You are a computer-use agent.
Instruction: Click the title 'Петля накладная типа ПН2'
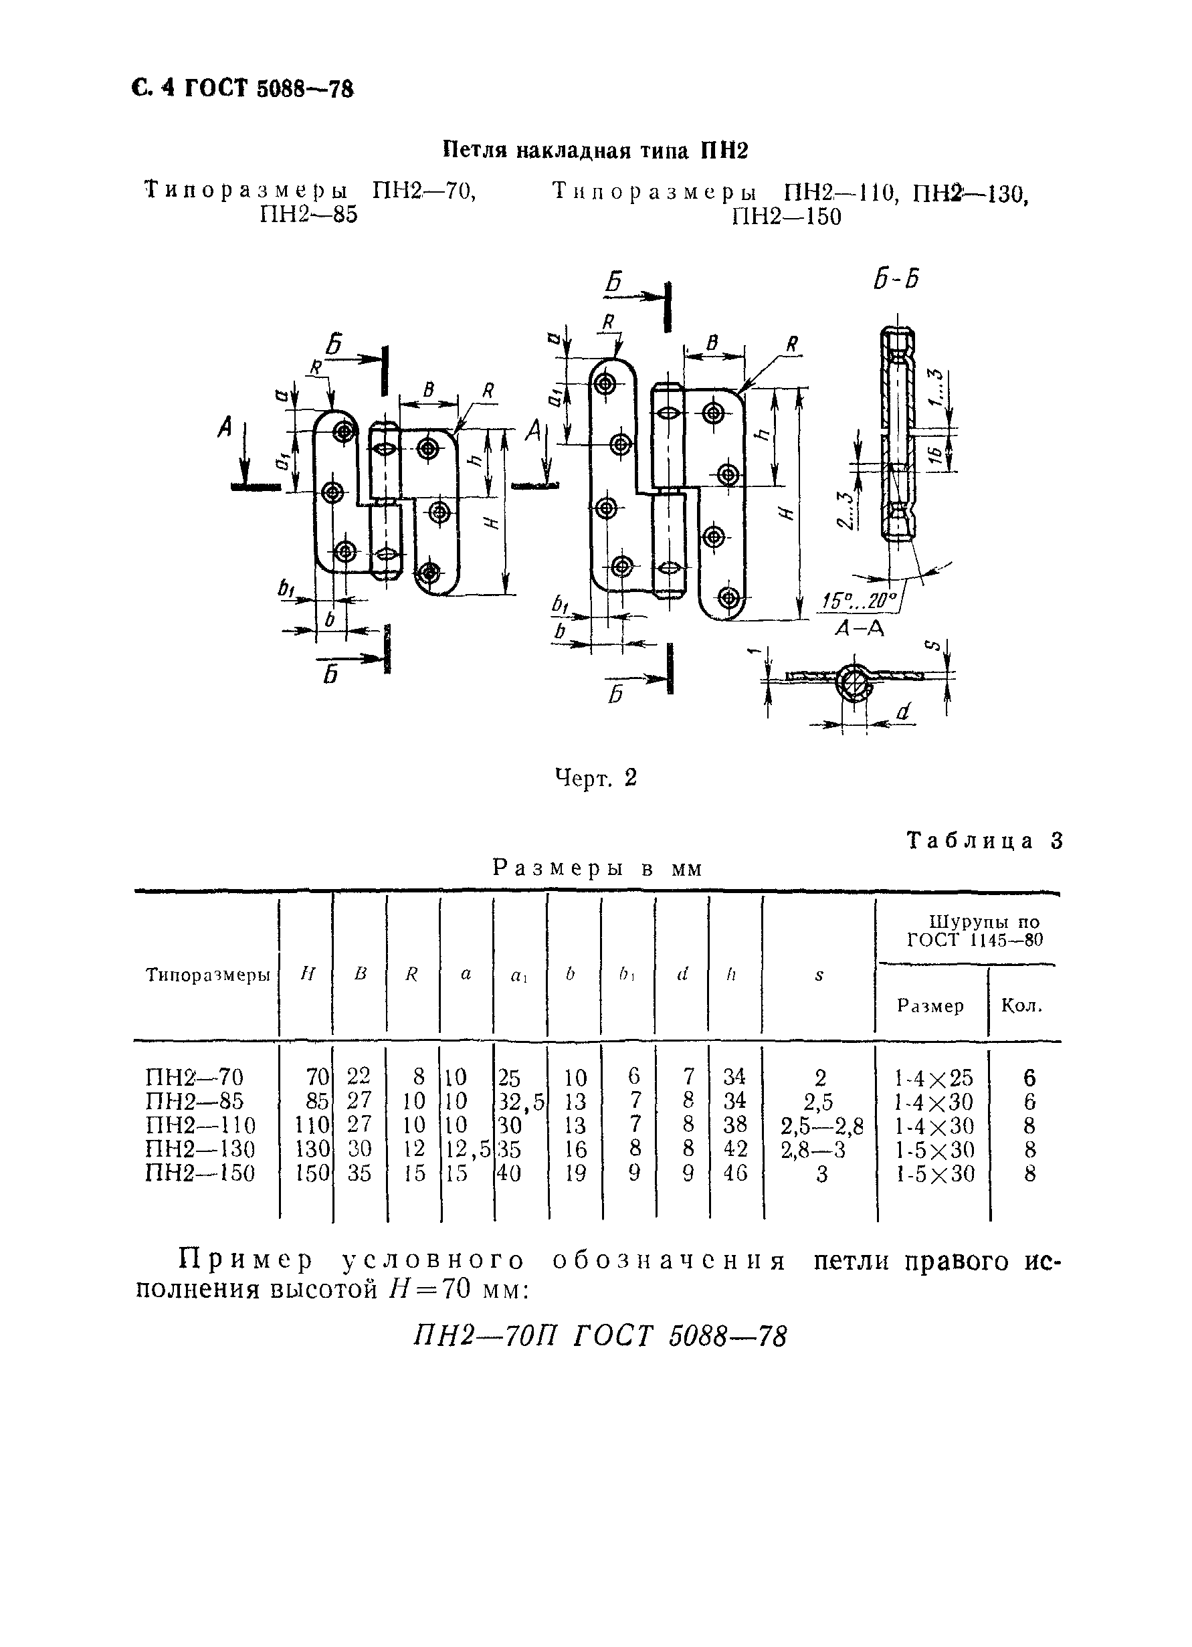tap(595, 151)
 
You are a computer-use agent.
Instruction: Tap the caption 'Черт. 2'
tap(595, 778)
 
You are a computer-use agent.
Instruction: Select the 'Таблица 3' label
tap(985, 840)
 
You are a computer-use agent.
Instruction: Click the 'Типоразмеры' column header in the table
tap(207, 975)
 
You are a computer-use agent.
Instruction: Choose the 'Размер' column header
tap(930, 1005)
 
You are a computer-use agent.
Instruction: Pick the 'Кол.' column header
tap(1021, 1005)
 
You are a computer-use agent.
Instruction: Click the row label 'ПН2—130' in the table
tap(199, 1149)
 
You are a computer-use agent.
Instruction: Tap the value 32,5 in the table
tap(520, 1102)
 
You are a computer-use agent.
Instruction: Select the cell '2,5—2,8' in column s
tap(821, 1126)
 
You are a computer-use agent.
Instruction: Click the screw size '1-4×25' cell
tap(934, 1078)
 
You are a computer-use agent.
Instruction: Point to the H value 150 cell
tap(312, 1173)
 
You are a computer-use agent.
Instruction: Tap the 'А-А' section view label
tap(860, 629)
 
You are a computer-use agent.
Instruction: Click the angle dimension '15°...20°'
tap(860, 600)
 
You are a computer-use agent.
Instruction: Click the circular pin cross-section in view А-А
tap(855, 682)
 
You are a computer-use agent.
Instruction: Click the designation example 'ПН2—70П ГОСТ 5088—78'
tap(599, 1336)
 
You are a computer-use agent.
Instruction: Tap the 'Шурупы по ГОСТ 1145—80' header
tap(974, 931)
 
